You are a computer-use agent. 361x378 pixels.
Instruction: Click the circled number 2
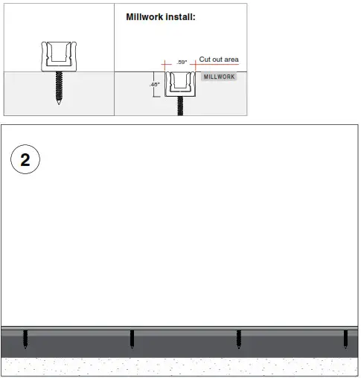tap(25, 161)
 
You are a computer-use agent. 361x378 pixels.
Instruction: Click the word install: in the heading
tap(182, 16)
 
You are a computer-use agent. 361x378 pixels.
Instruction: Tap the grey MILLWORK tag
tap(219, 77)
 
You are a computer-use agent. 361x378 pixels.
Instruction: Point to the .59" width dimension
tap(181, 63)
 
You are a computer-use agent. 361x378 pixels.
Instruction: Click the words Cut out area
tap(219, 59)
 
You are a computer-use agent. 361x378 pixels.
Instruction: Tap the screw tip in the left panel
tap(58, 102)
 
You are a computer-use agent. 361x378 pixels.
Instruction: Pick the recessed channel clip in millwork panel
tap(179, 84)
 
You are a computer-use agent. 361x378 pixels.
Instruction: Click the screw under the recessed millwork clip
tap(179, 106)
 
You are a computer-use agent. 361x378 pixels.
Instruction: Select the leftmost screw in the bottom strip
tap(25, 339)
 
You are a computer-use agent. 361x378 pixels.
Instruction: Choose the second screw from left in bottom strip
tap(132, 339)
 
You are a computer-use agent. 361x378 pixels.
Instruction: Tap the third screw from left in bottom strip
tap(238, 339)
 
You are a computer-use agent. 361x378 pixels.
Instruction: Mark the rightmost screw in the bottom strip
tap(345, 339)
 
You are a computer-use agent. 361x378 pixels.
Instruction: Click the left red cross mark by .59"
tap(164, 65)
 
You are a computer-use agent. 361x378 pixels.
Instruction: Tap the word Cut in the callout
tap(205, 59)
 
